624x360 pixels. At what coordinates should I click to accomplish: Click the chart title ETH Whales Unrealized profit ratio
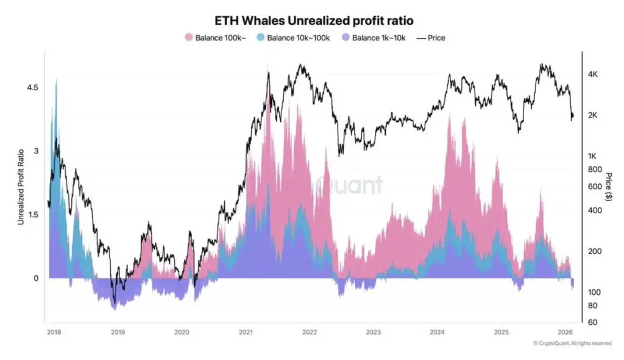click(311, 21)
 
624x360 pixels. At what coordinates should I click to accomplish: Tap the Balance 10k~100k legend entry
click(296, 38)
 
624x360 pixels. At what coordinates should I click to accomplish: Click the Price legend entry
click(430, 38)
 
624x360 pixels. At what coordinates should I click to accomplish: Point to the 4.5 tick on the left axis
click(31, 88)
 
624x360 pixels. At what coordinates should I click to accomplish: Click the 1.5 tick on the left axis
click(31, 214)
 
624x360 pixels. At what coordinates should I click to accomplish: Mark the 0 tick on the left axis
click(35, 278)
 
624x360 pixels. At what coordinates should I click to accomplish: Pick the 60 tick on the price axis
click(590, 322)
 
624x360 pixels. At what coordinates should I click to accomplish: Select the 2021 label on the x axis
click(246, 332)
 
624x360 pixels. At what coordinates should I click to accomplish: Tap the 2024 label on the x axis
click(437, 332)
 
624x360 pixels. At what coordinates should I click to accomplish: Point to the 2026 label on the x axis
click(565, 332)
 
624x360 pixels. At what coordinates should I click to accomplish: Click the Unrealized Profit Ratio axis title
click(21, 186)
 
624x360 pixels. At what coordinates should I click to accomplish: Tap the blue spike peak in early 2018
click(57, 79)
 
